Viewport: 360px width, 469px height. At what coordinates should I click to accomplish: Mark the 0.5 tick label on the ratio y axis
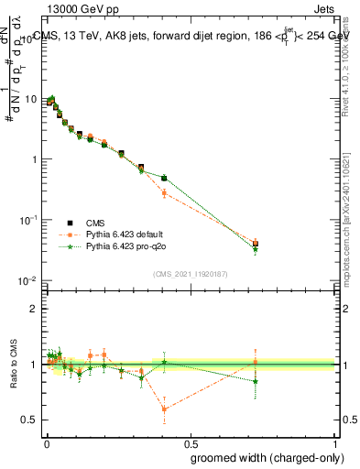point(30,420)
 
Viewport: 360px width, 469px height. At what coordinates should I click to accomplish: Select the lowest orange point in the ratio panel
point(164,409)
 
